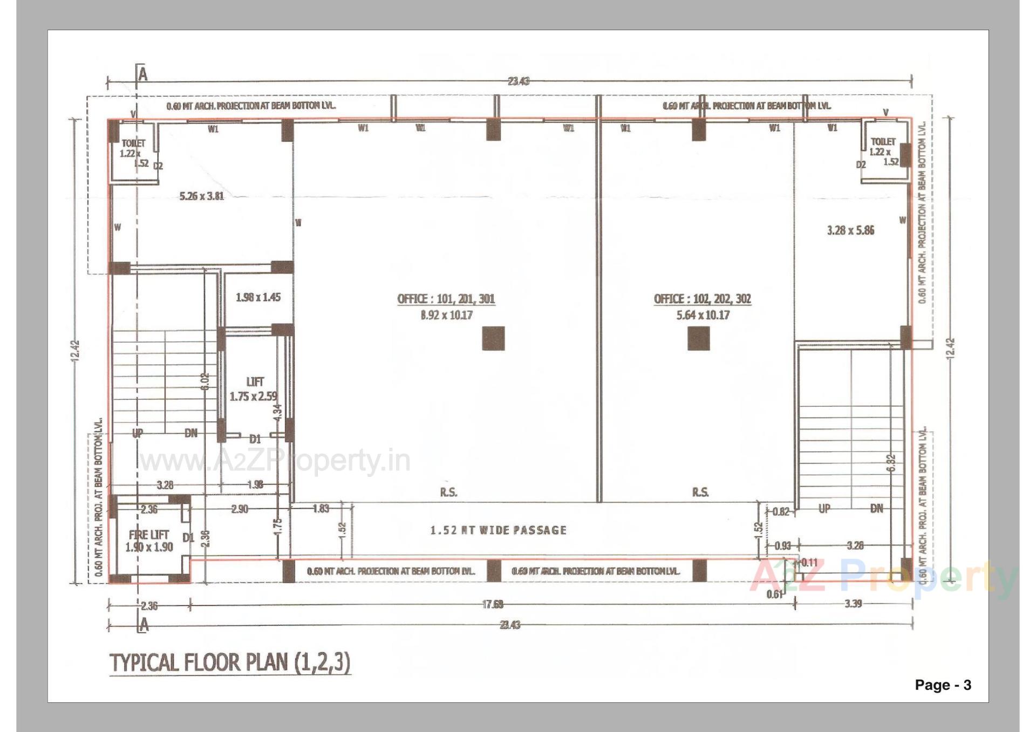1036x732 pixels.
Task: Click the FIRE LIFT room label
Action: point(148,535)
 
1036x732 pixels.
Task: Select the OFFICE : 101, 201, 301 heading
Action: point(446,299)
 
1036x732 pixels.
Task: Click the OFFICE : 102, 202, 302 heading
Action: point(702,299)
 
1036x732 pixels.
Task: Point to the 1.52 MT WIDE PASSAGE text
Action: point(498,530)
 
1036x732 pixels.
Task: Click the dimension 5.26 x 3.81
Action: point(201,196)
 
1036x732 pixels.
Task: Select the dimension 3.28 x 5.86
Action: point(850,230)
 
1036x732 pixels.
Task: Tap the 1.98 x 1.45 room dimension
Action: point(258,297)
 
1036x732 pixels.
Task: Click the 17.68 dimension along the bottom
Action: point(493,605)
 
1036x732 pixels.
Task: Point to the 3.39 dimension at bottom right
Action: point(853,604)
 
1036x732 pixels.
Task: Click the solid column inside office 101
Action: point(493,338)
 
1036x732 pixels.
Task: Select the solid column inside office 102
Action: point(698,338)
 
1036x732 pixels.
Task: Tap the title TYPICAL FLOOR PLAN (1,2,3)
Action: point(230,662)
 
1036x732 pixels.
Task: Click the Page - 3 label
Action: point(943,685)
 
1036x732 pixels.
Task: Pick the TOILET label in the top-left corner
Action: point(133,143)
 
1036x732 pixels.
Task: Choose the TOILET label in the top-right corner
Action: point(883,141)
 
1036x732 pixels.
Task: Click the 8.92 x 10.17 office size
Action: point(446,315)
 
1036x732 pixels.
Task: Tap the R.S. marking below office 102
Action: point(700,492)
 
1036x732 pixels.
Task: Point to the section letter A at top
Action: point(142,74)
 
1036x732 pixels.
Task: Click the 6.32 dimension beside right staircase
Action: point(891,463)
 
